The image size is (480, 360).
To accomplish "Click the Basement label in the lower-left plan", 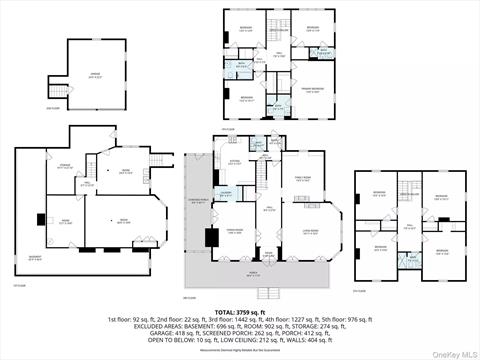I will pos(34,257).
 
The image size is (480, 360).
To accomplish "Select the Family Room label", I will pos(301,180).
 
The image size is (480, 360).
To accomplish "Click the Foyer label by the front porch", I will pos(267,252).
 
